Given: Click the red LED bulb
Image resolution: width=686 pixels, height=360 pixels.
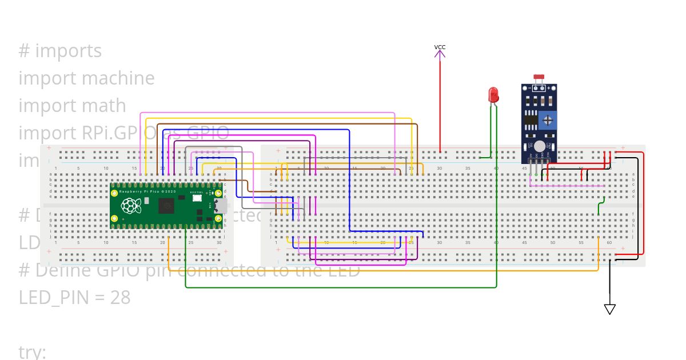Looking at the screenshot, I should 493,95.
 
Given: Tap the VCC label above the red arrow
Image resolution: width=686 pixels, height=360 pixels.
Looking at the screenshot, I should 440,47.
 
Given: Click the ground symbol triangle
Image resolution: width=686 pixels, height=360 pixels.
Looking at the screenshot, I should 610,309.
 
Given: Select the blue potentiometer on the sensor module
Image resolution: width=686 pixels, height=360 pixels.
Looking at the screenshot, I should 548,120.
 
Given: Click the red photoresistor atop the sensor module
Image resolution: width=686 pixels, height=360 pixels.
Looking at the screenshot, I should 538,77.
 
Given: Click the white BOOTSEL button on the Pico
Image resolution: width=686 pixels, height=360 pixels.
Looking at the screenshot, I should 202,197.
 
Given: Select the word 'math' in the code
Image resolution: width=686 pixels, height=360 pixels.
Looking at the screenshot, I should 103,106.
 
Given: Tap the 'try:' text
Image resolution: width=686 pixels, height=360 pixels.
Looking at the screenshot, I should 32,351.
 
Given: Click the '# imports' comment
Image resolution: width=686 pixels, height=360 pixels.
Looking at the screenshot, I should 60,51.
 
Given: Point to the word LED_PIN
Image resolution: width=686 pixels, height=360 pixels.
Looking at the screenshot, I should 54,297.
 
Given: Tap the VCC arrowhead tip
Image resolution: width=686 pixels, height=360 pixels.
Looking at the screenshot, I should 440,51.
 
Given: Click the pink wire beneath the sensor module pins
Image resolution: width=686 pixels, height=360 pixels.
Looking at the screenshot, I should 566,186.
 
